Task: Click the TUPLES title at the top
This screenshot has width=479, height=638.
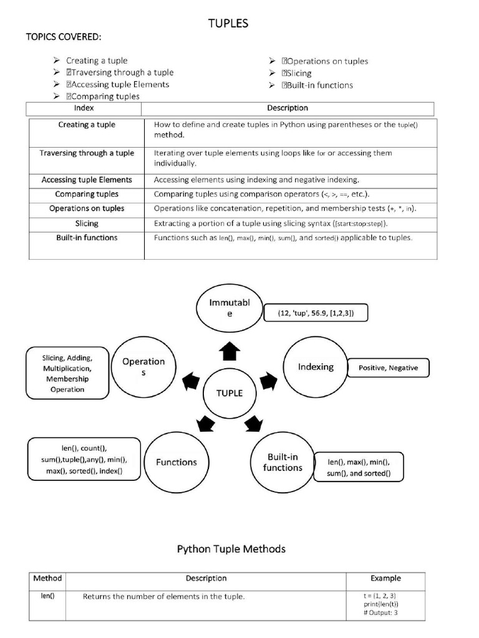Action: pos(228,23)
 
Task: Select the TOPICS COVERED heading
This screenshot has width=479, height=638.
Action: pos(62,37)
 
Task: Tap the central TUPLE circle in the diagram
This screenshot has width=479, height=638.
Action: pos(229,393)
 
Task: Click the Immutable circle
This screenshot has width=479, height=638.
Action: pos(229,308)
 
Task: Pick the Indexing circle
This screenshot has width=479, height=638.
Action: pos(315,367)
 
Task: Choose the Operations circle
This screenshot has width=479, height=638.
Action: pos(143,366)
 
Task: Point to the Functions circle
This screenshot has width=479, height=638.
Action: pos(176,462)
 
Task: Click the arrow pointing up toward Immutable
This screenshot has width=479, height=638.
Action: pos(229,353)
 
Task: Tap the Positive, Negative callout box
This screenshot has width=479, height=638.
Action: pos(388,368)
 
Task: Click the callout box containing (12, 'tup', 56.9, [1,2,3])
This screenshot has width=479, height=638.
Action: pos(316,313)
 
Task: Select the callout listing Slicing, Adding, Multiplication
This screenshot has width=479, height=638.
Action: pos(67,373)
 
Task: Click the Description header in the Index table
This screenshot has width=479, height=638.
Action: pos(287,108)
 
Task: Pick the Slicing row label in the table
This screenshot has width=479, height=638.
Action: pos(87,223)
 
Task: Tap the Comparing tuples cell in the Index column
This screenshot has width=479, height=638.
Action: pos(87,194)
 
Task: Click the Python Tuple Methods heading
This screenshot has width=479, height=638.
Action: pos(231,549)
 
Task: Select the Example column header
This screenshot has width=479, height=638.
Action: pos(385,578)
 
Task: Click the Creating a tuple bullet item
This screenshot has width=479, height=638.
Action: pos(97,60)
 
